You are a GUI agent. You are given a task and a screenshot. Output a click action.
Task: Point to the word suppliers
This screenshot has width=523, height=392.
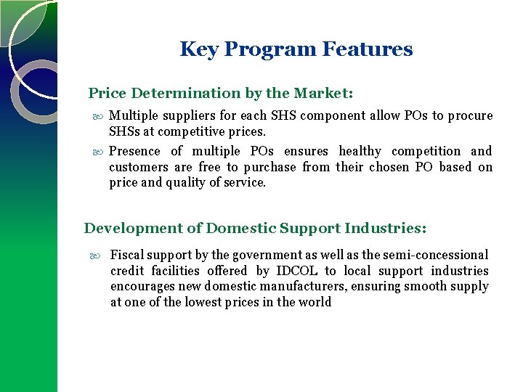pos(182,116)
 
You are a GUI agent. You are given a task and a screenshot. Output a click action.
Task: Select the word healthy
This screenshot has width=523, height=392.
pos(360,151)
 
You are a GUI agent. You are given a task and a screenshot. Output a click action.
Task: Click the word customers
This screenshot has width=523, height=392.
pos(137,168)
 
